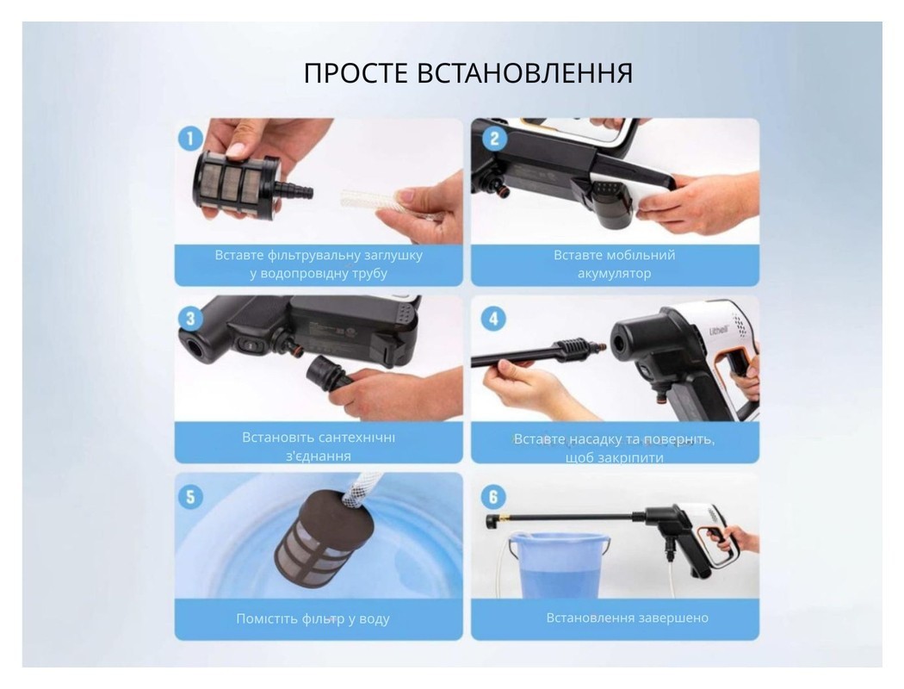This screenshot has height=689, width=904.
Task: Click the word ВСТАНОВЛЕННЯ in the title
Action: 525,74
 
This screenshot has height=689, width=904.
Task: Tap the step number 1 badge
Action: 190,138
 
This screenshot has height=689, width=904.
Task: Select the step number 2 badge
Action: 492,139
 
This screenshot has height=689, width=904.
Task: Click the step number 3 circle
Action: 190,319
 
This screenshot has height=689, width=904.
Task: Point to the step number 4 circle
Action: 492,319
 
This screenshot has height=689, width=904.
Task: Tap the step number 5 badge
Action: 190,496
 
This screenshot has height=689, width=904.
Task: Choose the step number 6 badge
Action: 492,496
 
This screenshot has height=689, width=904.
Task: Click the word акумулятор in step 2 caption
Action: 614,274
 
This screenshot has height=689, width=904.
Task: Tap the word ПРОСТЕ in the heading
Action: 357,74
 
